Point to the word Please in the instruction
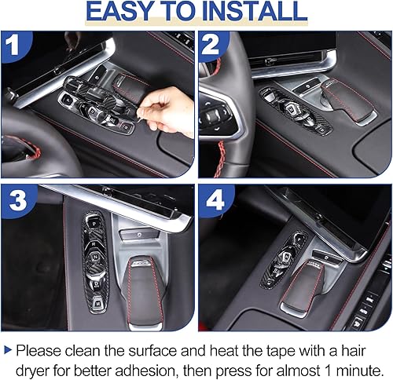point(39,348)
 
